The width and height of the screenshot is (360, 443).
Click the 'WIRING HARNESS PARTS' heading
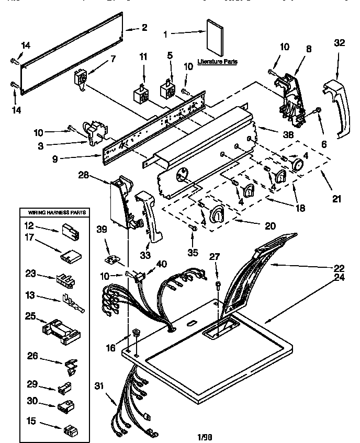coord(53,213)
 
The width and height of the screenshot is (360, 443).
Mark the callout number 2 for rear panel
coord(144,27)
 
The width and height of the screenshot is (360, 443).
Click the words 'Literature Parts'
coord(217,62)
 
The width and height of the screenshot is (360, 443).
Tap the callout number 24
coord(339,277)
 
